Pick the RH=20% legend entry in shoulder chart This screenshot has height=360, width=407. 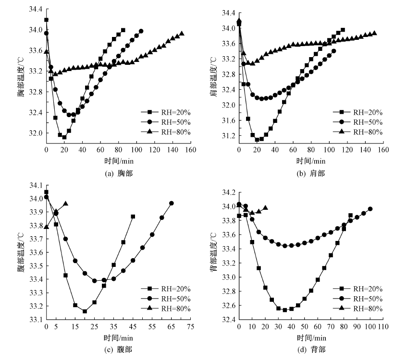(x=358, y=111)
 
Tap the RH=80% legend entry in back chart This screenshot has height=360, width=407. (x=358, y=309)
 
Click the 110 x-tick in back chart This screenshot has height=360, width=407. (x=383, y=327)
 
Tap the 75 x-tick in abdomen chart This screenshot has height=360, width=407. (x=191, y=327)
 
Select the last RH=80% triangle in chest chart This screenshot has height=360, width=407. (x=182, y=34)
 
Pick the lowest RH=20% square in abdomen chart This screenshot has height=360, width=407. (x=85, y=311)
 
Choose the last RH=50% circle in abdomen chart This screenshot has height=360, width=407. (x=172, y=203)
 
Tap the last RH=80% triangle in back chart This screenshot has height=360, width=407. (x=265, y=208)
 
